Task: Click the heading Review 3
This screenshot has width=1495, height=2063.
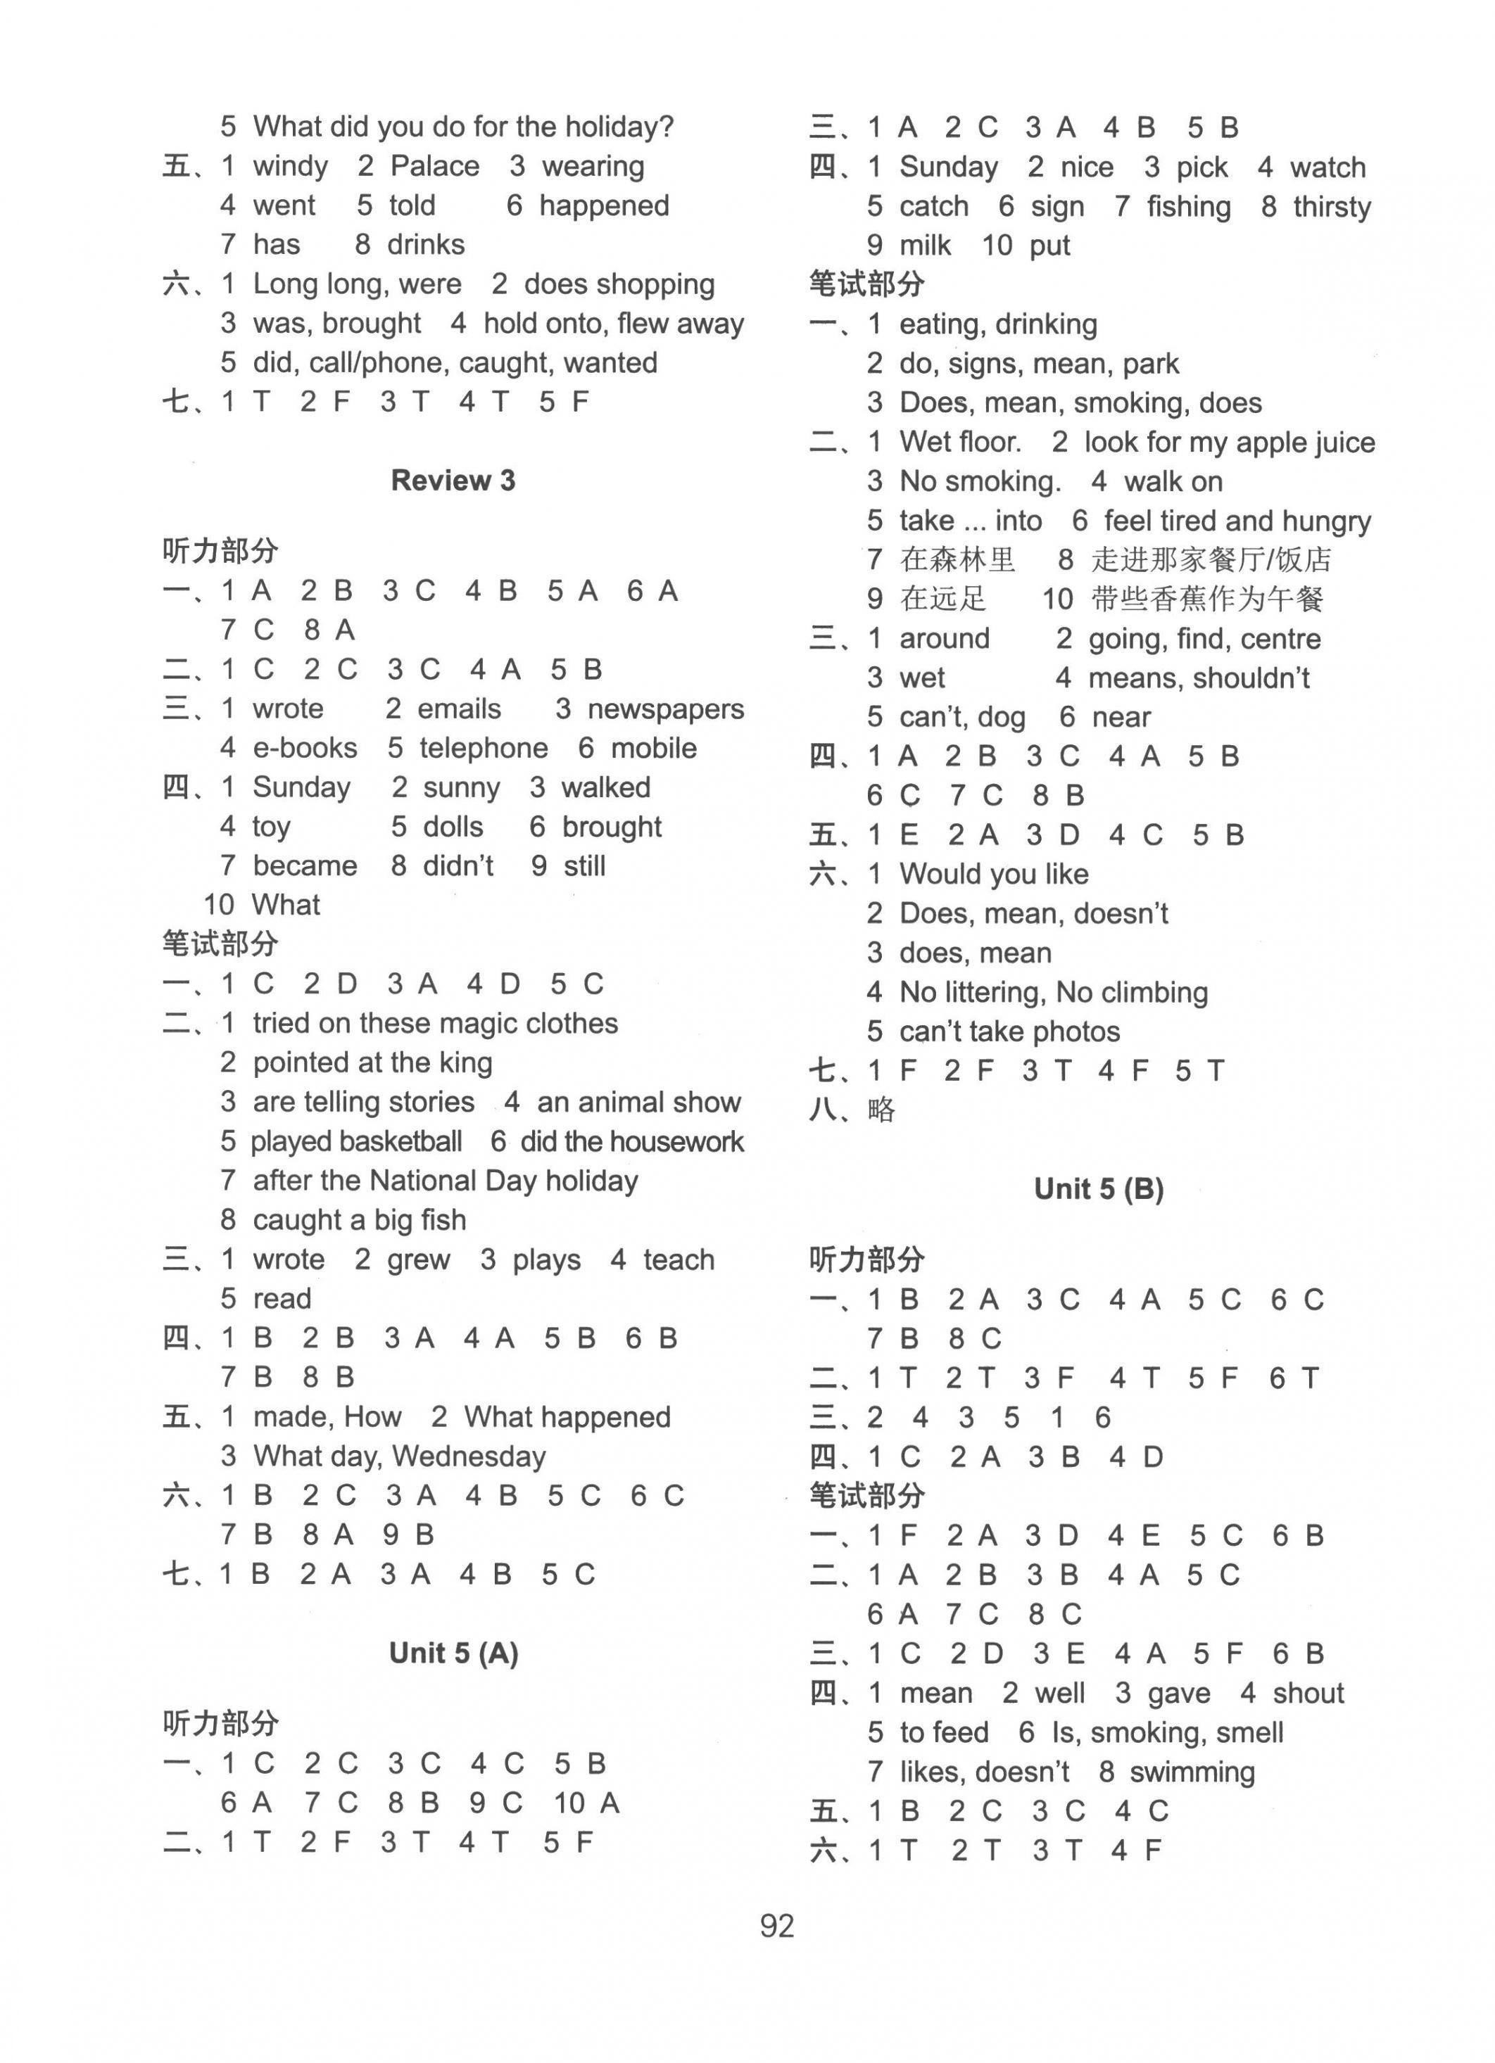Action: pos(453,481)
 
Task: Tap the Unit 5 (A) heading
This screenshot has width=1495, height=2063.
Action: pos(453,1653)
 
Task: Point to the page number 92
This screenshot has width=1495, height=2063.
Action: pos(777,1926)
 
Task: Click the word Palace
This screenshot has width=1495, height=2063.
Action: pos(434,167)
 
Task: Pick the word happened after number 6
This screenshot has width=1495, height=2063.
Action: pos(603,205)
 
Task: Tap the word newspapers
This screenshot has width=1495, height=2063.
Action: pos(665,709)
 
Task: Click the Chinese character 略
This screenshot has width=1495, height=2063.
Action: pos(881,1110)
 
